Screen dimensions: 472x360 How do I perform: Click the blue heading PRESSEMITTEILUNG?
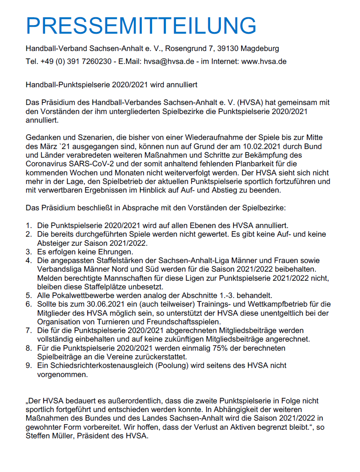click(141, 26)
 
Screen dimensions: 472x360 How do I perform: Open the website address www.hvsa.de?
click(264, 61)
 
